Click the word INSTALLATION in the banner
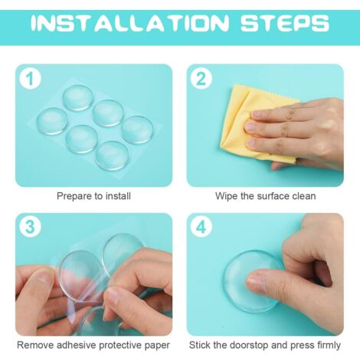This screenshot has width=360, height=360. (x=130, y=24)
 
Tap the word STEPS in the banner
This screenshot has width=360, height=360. (x=285, y=24)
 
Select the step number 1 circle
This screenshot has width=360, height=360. (x=31, y=79)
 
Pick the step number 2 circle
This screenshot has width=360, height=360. (x=201, y=79)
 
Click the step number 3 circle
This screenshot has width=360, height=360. (x=31, y=227)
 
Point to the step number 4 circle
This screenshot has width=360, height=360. (x=201, y=227)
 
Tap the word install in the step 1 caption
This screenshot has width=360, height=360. (x=118, y=196)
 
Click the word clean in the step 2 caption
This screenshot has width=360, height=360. (x=304, y=196)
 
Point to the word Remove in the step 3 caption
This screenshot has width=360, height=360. (x=35, y=345)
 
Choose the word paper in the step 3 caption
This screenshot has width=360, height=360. (x=157, y=346)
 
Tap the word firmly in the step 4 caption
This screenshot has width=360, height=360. (x=329, y=345)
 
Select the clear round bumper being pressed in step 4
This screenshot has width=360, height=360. (x=253, y=282)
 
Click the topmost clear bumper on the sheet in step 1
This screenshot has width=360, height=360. (x=78, y=97)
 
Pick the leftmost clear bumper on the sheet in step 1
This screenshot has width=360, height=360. (x=52, y=121)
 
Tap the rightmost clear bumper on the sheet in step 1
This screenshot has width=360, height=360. (x=138, y=129)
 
